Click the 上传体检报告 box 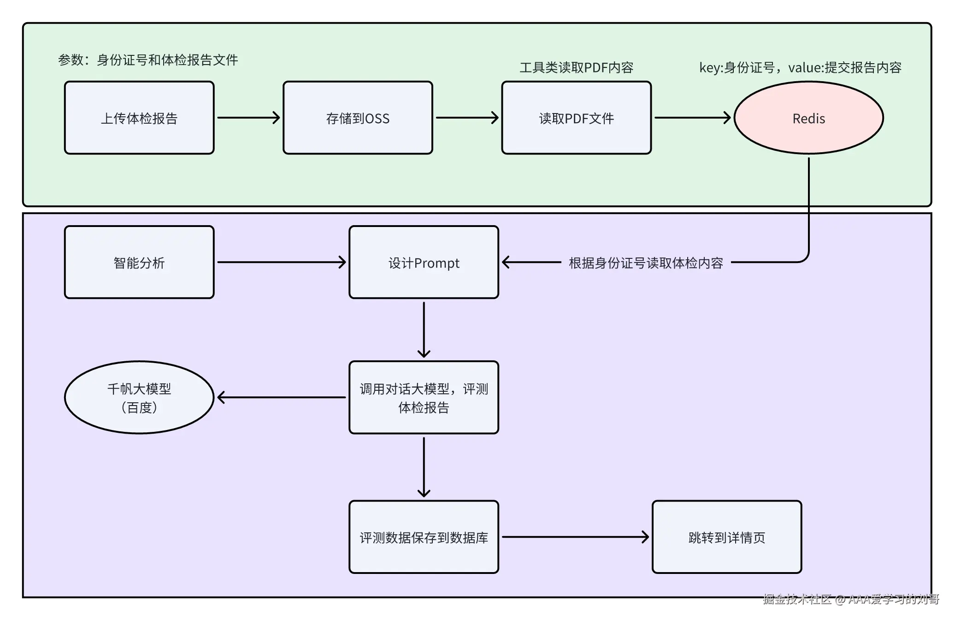coord(139,118)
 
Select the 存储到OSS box coord(358,118)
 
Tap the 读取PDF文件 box coord(576,118)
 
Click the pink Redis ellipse coord(808,118)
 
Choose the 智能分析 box coord(139,262)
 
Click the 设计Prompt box coord(424,262)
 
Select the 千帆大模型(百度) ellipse coord(139,397)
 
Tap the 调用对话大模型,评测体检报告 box coord(424,397)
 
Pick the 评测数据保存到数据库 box coord(424,537)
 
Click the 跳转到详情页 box coord(727,537)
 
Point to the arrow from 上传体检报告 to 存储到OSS coord(248,118)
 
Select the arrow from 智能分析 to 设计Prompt coord(281,262)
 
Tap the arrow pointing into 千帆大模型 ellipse coord(281,397)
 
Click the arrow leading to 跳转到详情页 coord(575,537)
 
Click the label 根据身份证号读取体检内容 coord(646,263)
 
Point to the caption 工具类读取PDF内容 coord(576,68)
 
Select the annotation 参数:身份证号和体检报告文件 coord(148,60)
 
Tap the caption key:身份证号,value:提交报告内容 coord(800,68)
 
